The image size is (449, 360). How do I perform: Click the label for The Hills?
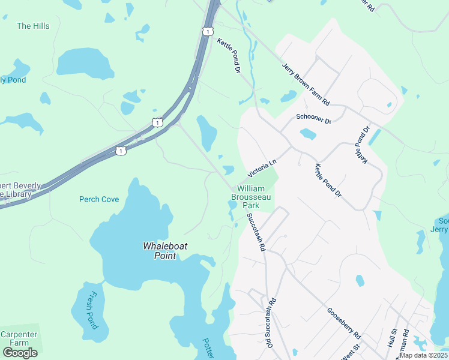click(33, 26)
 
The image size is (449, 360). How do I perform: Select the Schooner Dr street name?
click(314, 119)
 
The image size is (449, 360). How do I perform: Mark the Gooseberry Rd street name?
click(343, 322)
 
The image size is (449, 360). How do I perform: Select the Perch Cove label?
click(99, 199)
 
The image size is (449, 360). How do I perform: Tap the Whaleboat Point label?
click(160, 250)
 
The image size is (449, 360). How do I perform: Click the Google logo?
click(20, 353)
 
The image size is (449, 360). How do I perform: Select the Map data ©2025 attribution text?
click(423, 355)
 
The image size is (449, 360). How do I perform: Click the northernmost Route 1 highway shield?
click(208, 31)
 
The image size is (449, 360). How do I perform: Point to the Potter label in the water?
click(208, 347)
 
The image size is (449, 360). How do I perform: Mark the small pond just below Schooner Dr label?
click(307, 134)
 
